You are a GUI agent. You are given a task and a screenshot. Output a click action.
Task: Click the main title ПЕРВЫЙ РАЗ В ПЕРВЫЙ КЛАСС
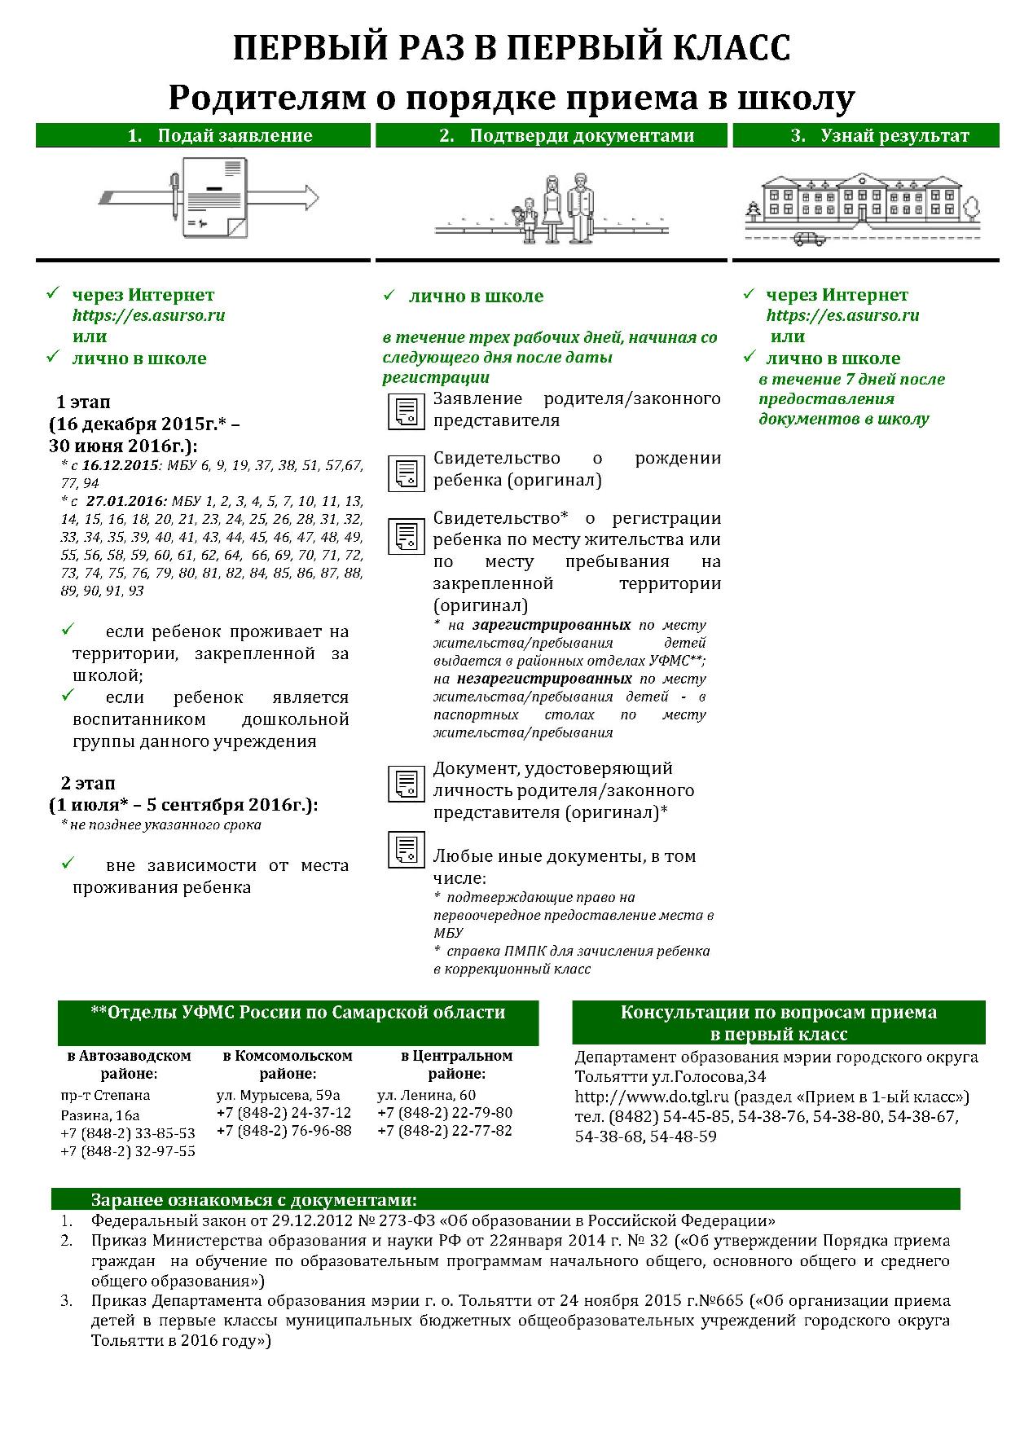point(511,49)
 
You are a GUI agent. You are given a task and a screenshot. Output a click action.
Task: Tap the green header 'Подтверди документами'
point(551,135)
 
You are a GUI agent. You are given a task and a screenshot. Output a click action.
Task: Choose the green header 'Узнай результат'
point(866,135)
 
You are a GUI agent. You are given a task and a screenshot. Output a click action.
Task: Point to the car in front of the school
point(808,239)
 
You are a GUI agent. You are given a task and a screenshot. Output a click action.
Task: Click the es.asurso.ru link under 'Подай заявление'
point(148,315)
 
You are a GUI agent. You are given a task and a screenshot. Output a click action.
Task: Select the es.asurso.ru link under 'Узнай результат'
point(842,315)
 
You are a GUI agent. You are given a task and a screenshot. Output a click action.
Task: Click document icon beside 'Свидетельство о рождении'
point(405,473)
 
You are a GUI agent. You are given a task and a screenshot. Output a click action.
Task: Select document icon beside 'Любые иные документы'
point(405,850)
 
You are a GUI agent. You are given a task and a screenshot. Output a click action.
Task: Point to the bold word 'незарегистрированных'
point(544,679)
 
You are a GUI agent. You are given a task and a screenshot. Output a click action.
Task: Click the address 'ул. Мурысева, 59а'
point(278,1095)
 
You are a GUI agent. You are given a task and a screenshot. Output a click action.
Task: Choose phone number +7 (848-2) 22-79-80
point(445,1113)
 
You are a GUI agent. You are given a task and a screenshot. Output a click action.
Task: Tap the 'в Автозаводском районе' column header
point(129,1065)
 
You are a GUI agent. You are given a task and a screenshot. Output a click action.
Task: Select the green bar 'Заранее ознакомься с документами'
point(505,1200)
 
